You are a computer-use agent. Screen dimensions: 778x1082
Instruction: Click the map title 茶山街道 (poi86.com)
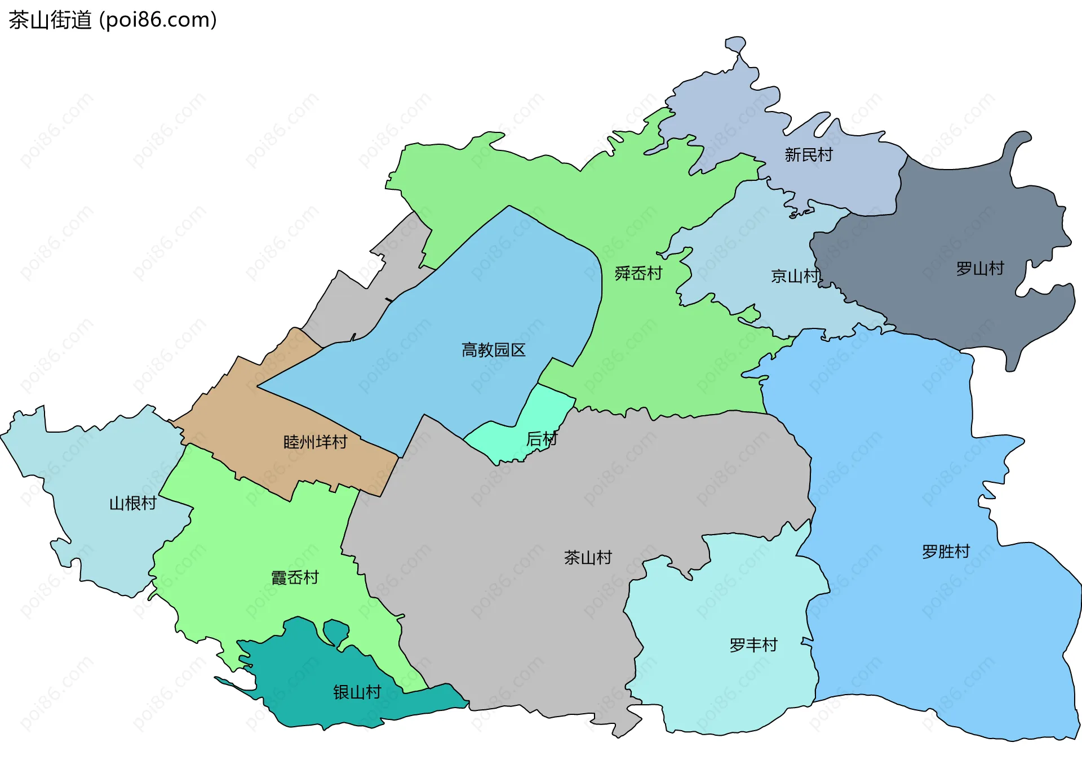pos(113,20)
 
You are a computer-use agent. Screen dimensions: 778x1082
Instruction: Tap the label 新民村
pos(808,154)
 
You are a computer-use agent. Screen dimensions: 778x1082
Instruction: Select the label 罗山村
pos(980,268)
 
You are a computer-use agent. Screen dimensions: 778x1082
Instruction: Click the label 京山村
pos(795,276)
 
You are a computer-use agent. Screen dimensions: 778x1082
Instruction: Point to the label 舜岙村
pos(638,273)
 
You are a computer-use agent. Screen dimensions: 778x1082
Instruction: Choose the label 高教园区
pos(493,350)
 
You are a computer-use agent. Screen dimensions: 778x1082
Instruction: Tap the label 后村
pos(541,438)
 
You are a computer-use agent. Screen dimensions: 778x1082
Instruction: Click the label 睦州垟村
pos(315,442)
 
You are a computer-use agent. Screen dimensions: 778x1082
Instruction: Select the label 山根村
pos(132,503)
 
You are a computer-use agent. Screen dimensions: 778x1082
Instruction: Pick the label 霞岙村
pos(295,577)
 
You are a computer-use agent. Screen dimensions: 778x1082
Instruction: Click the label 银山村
pos(357,692)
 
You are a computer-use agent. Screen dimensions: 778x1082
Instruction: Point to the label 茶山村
pos(588,557)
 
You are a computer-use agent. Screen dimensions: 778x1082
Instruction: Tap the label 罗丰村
pos(753,644)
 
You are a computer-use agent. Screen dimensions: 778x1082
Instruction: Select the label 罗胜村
pos(946,551)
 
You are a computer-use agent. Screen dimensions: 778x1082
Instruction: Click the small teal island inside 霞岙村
pos(336,632)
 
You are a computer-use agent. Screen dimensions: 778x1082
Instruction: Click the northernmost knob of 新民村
pos(735,44)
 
